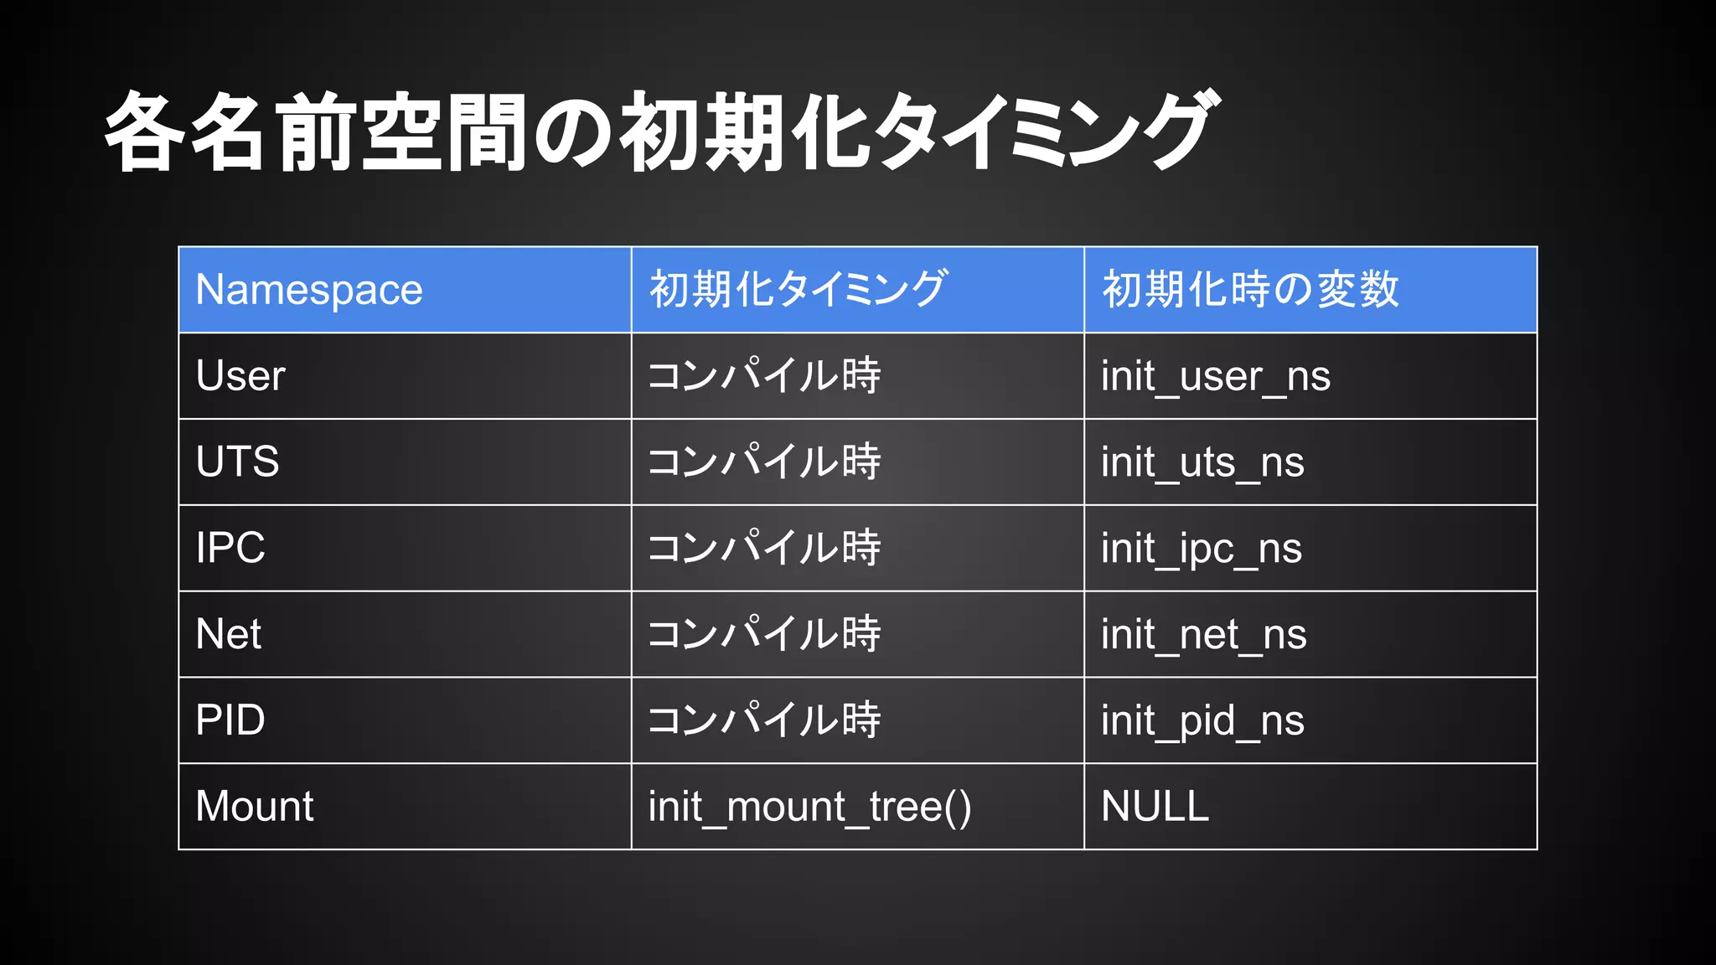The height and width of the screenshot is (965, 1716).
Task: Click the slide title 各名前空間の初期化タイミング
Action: tap(659, 132)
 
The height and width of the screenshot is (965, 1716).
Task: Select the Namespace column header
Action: tap(309, 290)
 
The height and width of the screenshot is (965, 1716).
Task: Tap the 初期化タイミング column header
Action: tap(799, 290)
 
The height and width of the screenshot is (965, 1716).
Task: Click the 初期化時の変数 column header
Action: tap(1250, 290)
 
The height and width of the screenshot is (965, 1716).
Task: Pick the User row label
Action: tap(240, 376)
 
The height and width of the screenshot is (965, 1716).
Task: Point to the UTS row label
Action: tap(237, 462)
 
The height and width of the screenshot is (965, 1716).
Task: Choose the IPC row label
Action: tap(230, 548)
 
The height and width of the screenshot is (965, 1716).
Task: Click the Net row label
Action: tap(228, 634)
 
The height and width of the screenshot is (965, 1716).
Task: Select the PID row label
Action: tap(230, 720)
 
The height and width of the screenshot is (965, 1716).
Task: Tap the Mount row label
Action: tap(255, 807)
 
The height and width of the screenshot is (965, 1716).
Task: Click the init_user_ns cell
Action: tap(1216, 376)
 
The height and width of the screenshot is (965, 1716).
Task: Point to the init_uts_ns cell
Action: tap(1202, 462)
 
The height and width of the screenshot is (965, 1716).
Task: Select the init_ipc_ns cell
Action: tap(1202, 549)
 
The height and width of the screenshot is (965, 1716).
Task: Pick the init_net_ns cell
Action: tap(1204, 635)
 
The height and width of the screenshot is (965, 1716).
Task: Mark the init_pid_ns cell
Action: tap(1202, 721)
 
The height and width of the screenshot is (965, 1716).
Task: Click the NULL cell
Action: tap(1155, 807)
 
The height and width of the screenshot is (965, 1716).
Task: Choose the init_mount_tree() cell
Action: tap(809, 807)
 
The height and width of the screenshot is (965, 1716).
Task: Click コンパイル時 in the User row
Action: tap(764, 376)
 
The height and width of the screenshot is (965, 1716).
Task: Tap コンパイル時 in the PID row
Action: tap(764, 720)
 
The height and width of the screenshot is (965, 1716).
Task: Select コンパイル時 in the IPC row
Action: tap(764, 548)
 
